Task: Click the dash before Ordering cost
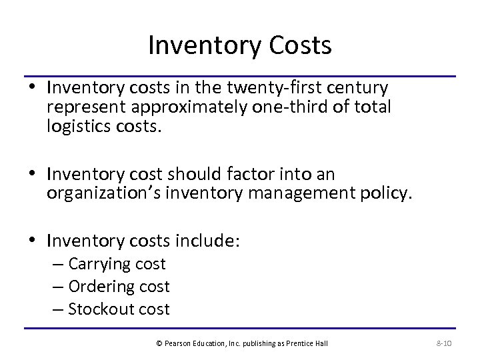coord(57,287)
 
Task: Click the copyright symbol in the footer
coord(159,343)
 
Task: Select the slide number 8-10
coord(443,343)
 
